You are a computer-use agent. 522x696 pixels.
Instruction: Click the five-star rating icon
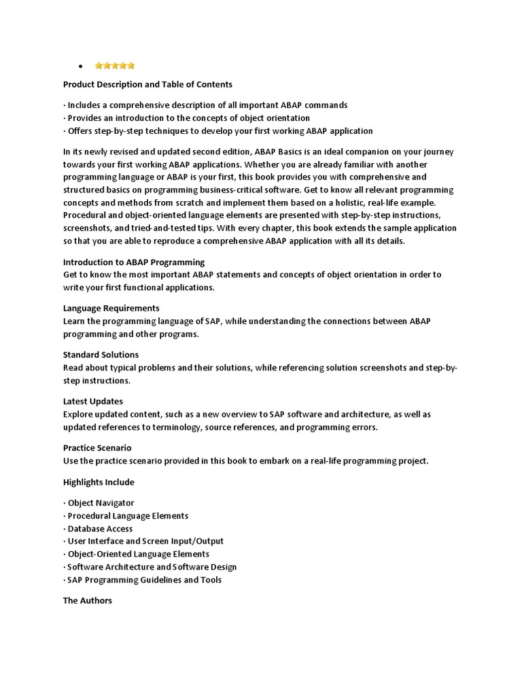[115, 66]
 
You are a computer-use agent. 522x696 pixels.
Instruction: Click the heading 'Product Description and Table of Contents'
[147, 84]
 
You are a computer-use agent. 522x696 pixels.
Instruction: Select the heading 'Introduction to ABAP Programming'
[134, 262]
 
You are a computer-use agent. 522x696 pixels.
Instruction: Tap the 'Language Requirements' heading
[111, 308]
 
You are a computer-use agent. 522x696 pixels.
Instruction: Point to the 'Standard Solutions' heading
[101, 355]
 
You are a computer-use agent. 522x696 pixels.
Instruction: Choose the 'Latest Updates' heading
[93, 401]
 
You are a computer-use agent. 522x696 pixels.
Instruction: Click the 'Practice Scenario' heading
[97, 448]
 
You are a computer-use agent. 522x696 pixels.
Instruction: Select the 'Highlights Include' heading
[99, 482]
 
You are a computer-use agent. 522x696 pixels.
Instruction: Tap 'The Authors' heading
[88, 601]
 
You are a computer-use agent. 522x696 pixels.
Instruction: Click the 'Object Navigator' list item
[101, 503]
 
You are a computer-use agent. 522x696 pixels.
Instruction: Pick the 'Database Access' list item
[100, 529]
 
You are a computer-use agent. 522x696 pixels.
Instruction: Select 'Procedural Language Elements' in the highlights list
[128, 516]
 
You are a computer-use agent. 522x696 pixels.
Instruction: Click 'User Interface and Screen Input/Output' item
[145, 541]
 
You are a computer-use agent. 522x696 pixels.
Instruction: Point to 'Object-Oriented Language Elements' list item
[138, 554]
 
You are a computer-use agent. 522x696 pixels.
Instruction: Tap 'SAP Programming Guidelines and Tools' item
[144, 580]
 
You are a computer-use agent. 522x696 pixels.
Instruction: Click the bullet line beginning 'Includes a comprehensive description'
[205, 105]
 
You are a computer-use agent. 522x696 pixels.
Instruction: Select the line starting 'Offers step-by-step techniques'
[217, 130]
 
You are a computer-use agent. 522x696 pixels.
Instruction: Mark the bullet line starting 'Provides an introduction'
[186, 118]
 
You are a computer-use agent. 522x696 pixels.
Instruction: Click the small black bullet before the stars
[80, 66]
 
